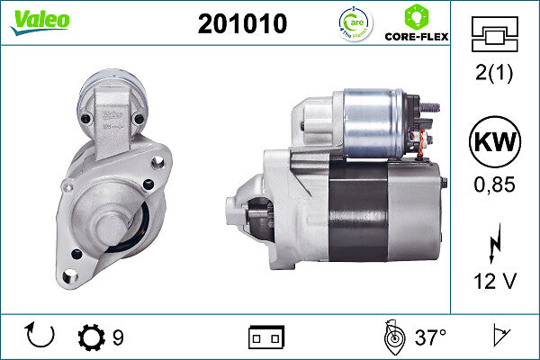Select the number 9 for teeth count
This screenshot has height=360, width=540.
coord(118,338)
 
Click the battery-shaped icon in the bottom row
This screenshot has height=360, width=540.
coord(266,337)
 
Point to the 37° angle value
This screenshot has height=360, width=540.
coord(430,338)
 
